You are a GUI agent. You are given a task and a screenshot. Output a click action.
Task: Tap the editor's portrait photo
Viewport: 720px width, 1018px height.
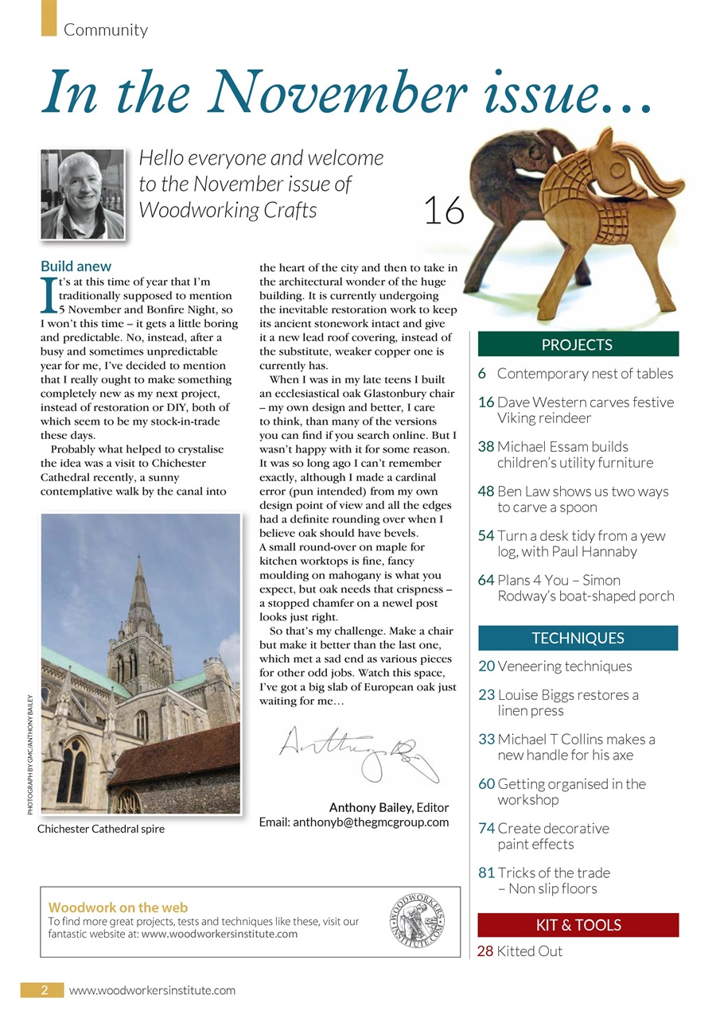[83, 194]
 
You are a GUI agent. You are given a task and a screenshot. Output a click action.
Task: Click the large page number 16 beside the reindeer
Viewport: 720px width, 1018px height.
[443, 212]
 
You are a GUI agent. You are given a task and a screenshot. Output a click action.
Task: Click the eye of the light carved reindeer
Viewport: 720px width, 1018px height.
[616, 169]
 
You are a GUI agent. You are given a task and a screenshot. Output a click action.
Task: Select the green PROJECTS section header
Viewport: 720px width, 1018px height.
[578, 344]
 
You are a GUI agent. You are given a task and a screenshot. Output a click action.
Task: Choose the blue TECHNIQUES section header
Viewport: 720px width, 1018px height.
[578, 638]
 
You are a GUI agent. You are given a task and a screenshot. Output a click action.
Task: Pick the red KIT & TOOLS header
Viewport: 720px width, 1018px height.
[578, 925]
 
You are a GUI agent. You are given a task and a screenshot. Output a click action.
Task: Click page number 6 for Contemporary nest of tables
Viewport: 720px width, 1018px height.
[482, 374]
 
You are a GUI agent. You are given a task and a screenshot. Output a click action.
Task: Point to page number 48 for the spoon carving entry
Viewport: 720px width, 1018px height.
[486, 492]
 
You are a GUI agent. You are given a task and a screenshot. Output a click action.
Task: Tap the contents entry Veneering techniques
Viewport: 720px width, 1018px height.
[564, 666]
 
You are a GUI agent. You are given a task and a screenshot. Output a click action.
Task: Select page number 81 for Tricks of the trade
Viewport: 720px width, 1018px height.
[486, 872]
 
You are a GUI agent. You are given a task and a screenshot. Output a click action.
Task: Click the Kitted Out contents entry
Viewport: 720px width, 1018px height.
[529, 951]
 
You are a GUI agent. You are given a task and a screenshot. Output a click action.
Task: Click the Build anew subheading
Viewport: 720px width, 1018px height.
[76, 266]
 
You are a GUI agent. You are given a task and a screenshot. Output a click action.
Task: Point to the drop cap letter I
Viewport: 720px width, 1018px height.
[48, 296]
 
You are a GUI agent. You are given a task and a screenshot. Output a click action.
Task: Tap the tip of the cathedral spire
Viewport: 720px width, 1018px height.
[139, 558]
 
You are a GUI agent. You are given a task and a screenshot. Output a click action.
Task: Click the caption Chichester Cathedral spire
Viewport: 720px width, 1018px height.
[101, 829]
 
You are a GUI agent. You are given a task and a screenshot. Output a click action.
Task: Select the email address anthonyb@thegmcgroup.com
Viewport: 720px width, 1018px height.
[354, 822]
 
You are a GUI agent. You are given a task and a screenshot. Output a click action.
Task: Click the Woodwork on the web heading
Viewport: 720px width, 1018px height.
[119, 907]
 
